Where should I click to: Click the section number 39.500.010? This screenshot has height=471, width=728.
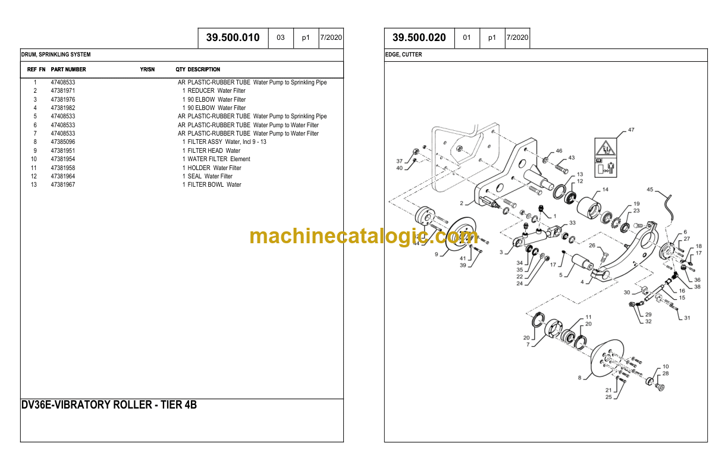233,37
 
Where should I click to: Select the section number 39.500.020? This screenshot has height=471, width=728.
419,37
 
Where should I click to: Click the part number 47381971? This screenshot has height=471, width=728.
63,91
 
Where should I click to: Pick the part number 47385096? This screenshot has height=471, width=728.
63,142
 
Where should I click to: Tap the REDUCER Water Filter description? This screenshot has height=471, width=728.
216,91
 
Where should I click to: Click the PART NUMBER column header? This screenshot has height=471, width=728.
68,70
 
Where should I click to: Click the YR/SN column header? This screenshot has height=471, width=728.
147,70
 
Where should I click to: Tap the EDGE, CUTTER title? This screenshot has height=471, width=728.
404,55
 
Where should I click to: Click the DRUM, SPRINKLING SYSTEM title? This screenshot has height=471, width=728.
56,55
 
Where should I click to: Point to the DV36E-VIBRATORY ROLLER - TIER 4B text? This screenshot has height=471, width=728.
109,405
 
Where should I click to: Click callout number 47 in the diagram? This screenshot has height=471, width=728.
631,130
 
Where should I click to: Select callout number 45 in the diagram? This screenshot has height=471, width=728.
649,190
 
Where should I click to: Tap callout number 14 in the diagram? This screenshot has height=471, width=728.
605,190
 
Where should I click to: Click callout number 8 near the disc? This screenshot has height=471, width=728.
579,378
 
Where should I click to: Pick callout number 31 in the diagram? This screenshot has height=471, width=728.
687,318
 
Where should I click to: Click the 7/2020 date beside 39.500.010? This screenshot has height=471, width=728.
331,37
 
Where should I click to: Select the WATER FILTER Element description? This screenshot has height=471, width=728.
219,159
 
